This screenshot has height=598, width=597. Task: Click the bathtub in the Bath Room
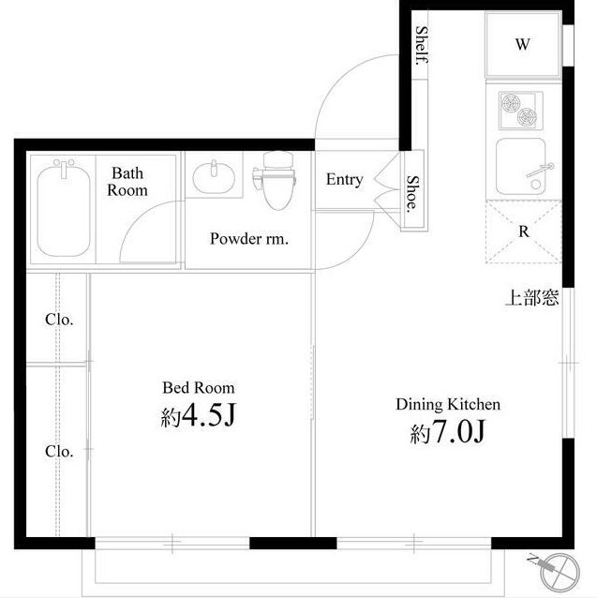[x=64, y=209]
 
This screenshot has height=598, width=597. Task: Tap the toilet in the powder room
[x=276, y=180]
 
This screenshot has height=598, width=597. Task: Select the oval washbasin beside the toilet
[x=214, y=176]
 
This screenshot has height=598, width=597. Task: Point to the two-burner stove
[x=521, y=111]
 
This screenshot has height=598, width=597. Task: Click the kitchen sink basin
[x=521, y=167]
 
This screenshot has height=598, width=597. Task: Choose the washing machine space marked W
[x=523, y=44]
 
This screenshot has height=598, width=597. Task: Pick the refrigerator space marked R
[x=523, y=232]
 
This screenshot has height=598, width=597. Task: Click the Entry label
[x=344, y=180]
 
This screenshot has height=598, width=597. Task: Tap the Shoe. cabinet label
[x=412, y=194]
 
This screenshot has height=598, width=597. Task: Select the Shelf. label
[x=422, y=46]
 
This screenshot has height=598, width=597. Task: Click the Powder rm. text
[x=249, y=239]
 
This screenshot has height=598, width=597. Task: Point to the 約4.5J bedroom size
[x=199, y=415]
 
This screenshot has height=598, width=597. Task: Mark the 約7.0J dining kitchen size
[x=448, y=432]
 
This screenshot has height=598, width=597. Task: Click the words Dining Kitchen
[x=448, y=404]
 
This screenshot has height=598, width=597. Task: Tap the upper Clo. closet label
[x=59, y=320]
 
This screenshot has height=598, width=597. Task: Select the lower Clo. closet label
[x=59, y=452]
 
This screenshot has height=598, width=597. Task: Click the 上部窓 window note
[x=532, y=297]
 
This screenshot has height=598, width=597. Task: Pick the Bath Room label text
[x=127, y=182]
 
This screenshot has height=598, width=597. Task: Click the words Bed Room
[x=199, y=388]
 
